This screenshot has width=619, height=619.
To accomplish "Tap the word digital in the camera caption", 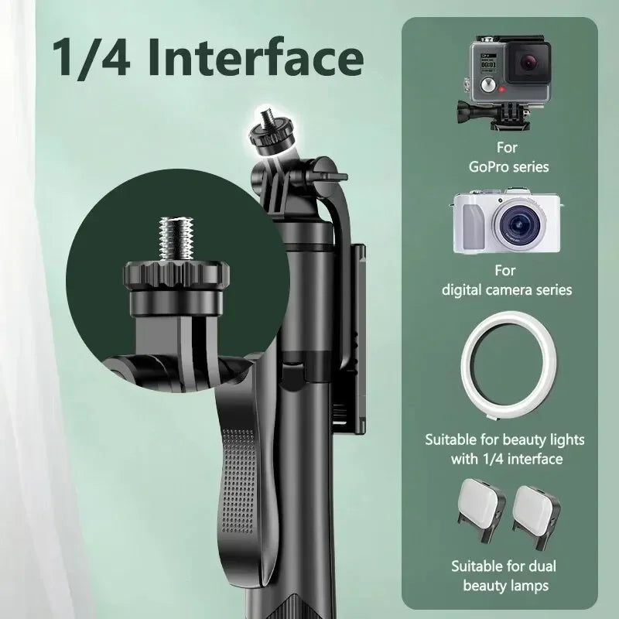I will [467, 290].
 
